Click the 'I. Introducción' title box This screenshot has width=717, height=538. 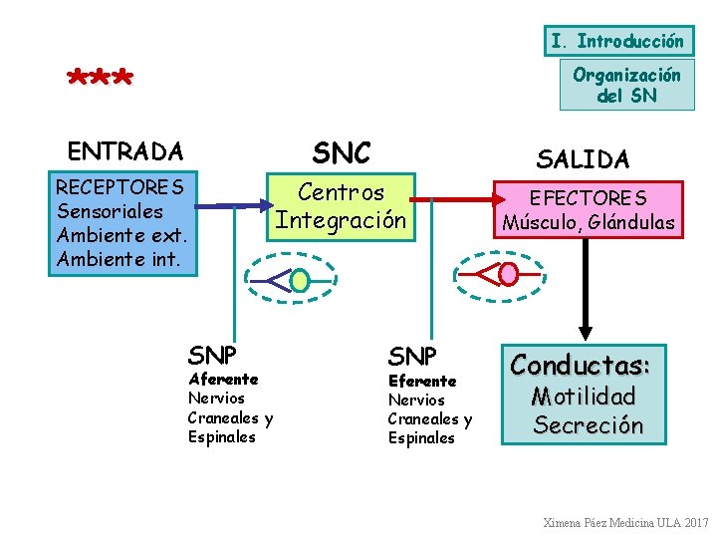click(617, 41)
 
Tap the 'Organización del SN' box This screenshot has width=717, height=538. click(626, 85)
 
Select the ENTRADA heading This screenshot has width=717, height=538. click(125, 151)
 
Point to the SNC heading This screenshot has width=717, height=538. click(341, 152)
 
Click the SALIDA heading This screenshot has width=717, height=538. click(583, 158)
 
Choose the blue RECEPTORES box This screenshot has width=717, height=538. click(122, 224)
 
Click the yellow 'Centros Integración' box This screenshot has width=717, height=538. click(342, 206)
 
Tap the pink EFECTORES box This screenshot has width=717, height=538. click(588, 210)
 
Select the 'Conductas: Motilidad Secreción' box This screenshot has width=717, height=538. click(587, 395)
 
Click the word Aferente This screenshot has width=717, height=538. click(223, 379)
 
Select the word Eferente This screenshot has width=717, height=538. click(422, 381)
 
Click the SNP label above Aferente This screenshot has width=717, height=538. click(212, 354)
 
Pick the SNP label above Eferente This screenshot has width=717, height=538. click(412, 356)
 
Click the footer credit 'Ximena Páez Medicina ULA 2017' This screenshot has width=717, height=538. click(625, 522)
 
